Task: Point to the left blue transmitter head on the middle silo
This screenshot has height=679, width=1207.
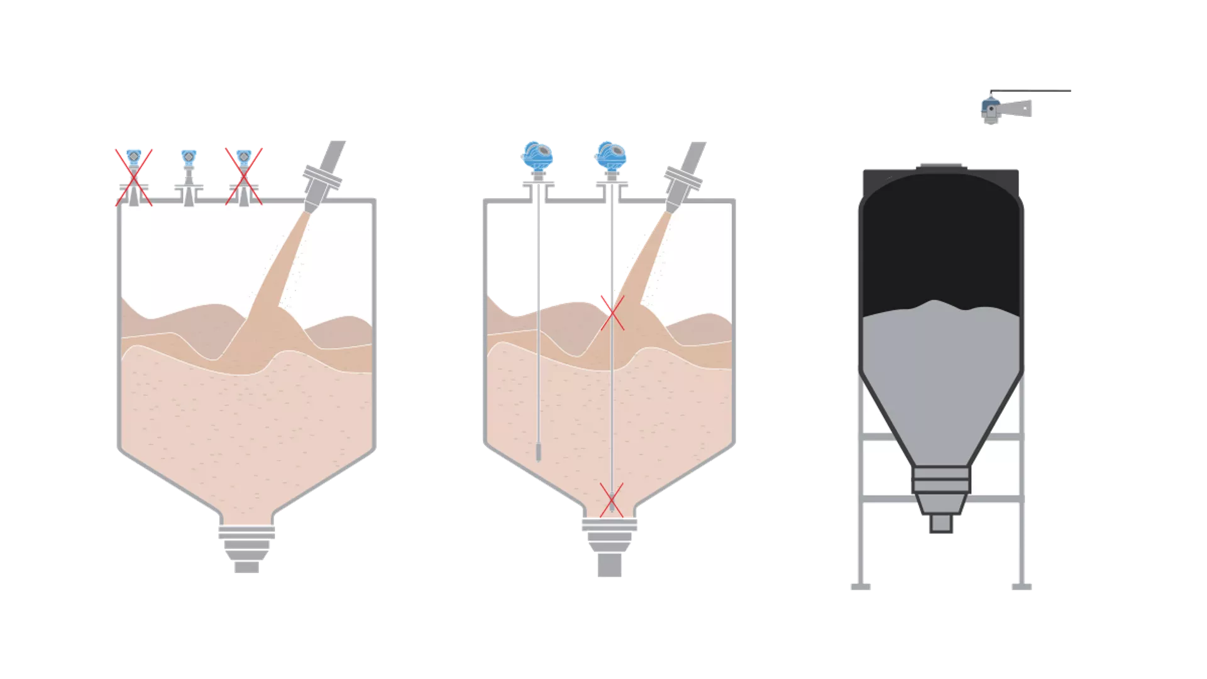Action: pos(537,156)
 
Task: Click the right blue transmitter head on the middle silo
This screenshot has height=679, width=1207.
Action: pos(611,156)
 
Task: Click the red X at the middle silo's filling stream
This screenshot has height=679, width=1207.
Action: pos(612,313)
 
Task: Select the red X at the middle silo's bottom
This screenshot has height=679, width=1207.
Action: pos(611,500)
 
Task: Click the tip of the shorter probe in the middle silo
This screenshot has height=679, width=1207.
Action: pos(538,453)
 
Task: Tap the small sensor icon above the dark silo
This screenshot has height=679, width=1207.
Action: pos(991,111)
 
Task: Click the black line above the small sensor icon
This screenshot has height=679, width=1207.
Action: pos(1031,91)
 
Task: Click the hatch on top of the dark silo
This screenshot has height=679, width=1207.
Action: pos(941,167)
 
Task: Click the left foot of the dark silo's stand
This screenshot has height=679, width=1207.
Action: pos(861,587)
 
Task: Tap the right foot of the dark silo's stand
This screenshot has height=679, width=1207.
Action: pos(1022,587)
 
